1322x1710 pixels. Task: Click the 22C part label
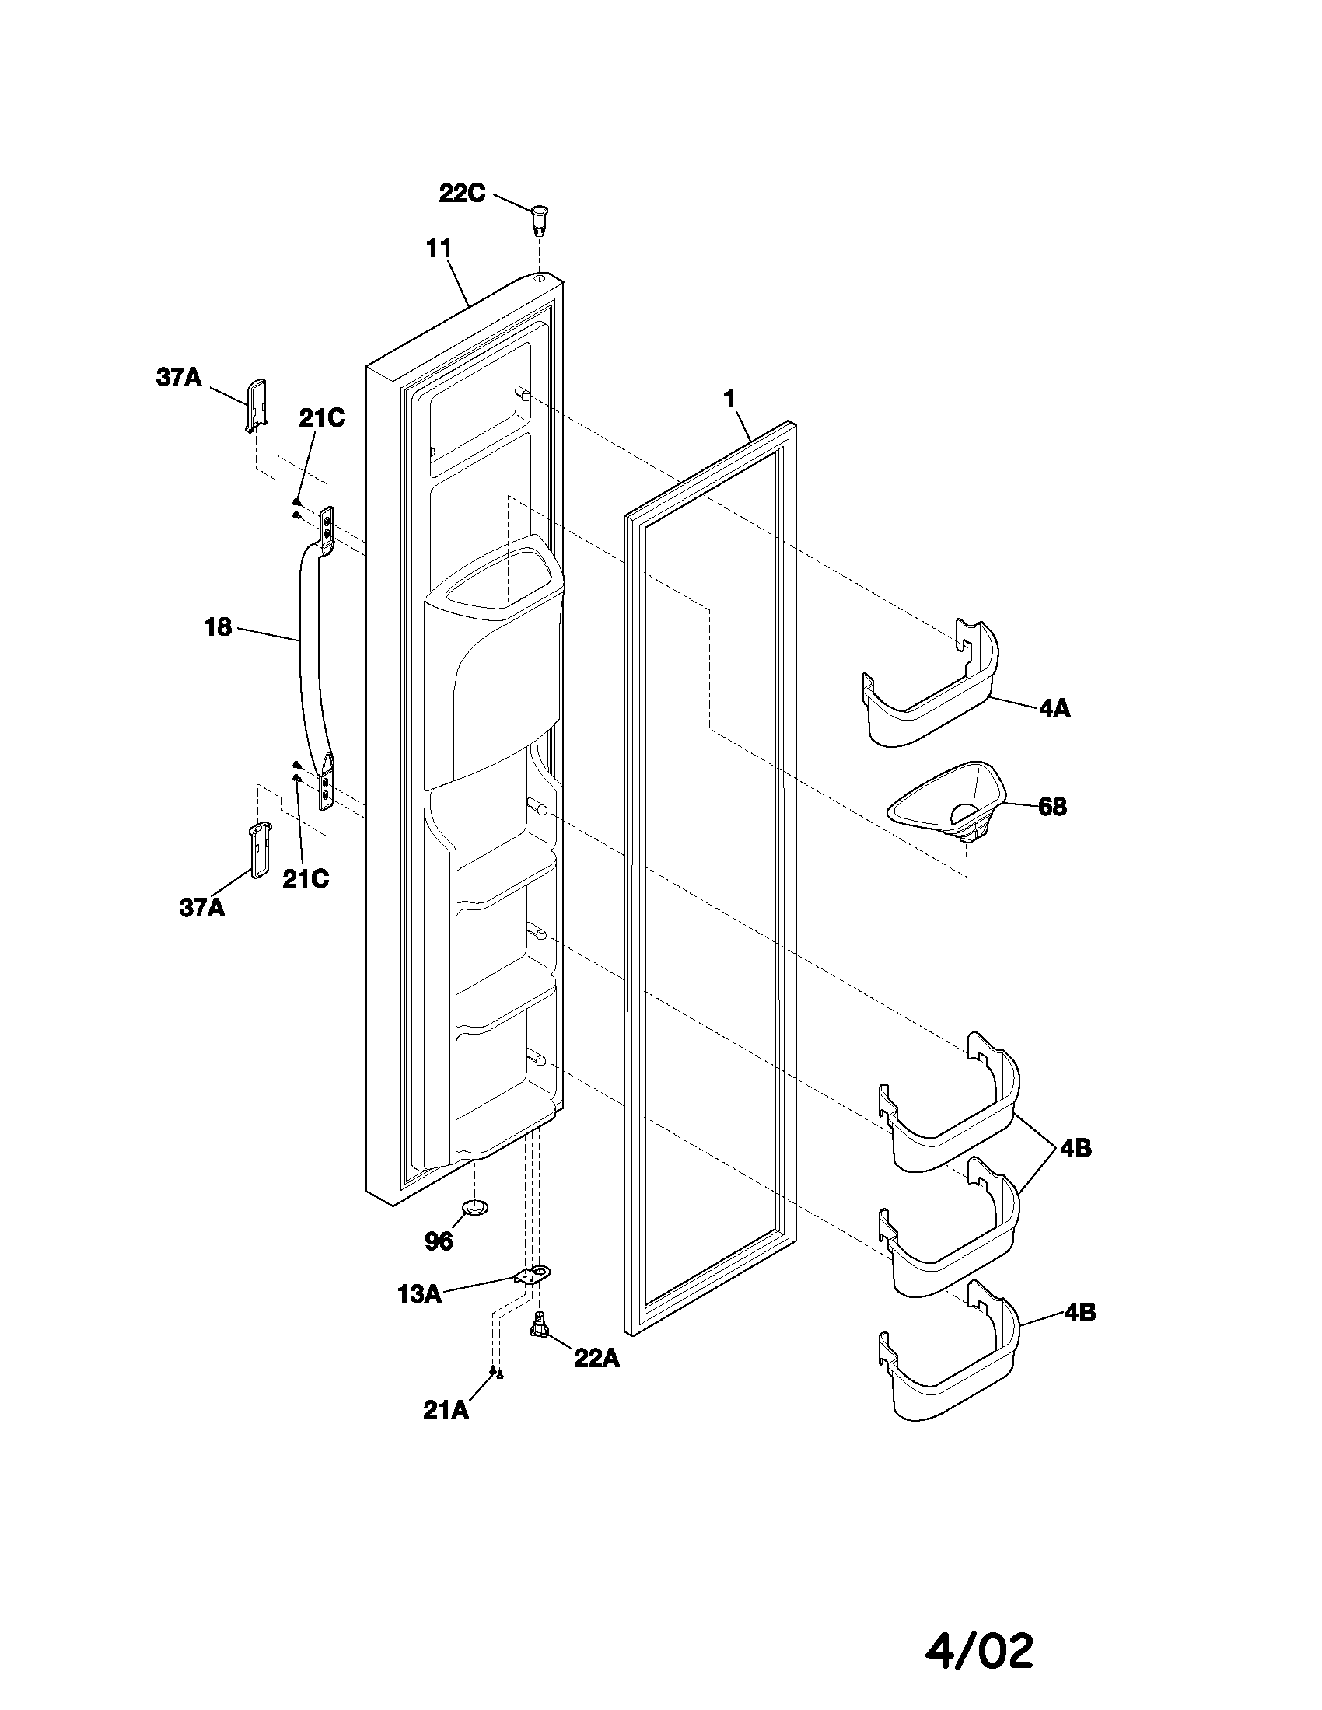pyautogui.click(x=462, y=193)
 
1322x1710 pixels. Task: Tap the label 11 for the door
pyautogui.click(x=439, y=248)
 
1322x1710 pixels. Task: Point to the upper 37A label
pyautogui.click(x=179, y=379)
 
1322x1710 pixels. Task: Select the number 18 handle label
pyautogui.click(x=219, y=626)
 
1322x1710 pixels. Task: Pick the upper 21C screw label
pyautogui.click(x=321, y=419)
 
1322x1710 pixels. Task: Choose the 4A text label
pyautogui.click(x=1054, y=710)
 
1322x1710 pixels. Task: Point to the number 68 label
pyautogui.click(x=1052, y=807)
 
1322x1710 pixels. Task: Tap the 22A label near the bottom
pyautogui.click(x=596, y=1359)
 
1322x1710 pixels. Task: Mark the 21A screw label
pyautogui.click(x=446, y=1410)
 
